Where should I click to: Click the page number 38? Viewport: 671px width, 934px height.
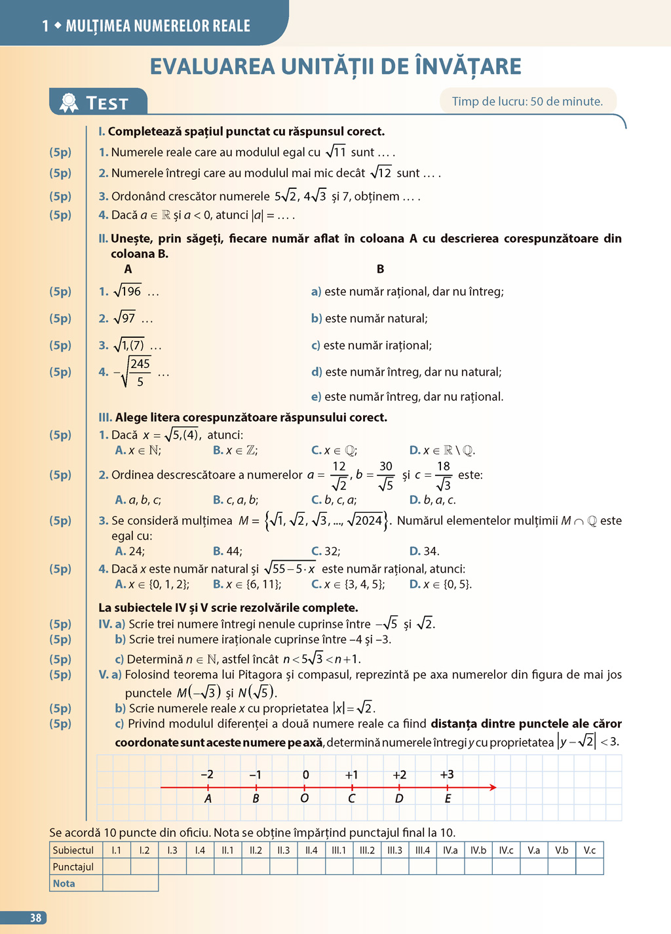pos(35,918)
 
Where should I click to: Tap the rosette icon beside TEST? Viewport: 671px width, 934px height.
pos(69,102)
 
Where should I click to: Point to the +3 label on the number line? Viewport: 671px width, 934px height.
pos(447,775)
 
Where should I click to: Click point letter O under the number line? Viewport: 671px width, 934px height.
pos(304,798)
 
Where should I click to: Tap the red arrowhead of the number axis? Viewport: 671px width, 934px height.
pos(492,787)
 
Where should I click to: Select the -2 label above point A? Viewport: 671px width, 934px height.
pos(206,775)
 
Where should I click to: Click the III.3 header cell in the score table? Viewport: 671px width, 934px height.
pos(394,850)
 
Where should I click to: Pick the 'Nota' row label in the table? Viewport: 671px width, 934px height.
pos(64,883)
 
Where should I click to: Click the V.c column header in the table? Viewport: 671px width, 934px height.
pos(590,850)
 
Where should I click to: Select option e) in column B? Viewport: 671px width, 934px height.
pos(407,397)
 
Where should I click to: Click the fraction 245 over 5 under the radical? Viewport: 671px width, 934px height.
pos(140,372)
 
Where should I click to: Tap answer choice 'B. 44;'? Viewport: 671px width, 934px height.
pos(227,551)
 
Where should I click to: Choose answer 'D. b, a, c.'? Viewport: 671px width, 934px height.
pos(432,500)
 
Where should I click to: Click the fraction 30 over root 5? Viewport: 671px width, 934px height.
pos(385,476)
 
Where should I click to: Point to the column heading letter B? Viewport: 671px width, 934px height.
pos(380,269)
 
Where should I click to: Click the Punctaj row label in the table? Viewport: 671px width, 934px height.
pos(73,866)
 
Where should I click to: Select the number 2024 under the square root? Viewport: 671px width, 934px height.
pos(368,521)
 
